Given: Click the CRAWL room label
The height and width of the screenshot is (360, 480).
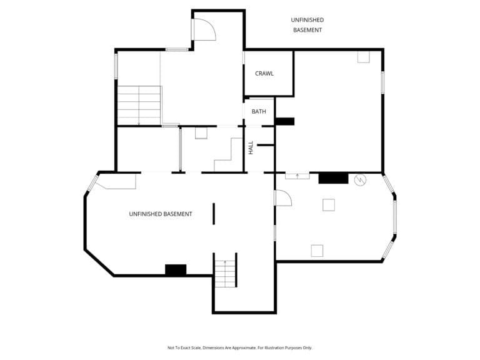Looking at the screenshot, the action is (264, 74).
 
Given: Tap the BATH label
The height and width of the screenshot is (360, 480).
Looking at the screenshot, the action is (259, 111).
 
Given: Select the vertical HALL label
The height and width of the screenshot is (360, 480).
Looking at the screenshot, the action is (251, 147).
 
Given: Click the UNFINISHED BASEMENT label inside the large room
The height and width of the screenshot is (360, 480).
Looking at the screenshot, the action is (161, 214).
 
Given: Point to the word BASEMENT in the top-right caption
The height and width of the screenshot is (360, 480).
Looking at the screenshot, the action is (307, 30).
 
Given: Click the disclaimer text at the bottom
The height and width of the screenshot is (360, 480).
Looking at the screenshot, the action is (240, 347).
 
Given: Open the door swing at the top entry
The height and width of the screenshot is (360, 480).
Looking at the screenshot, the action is (205, 29).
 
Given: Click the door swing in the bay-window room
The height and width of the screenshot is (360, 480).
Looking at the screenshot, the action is (284, 197).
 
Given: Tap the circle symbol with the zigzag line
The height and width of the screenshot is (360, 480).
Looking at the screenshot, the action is (360, 180).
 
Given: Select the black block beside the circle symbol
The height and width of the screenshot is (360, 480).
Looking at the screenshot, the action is (333, 178).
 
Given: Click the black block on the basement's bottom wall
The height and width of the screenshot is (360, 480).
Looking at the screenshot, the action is (176, 270).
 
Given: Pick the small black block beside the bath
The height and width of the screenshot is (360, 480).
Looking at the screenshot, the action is (285, 121).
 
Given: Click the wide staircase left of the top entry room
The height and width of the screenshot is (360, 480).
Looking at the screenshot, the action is (139, 105).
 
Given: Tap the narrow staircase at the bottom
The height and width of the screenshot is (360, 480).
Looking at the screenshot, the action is (225, 273).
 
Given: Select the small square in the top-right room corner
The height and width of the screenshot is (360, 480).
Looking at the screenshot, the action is (364, 57).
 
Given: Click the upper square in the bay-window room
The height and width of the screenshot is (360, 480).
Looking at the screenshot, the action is (329, 205).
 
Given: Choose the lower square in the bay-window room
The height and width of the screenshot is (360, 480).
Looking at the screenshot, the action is (317, 251).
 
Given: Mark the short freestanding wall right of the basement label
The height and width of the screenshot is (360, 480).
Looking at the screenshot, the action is (214, 214).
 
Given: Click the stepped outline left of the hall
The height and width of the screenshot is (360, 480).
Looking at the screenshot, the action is (228, 154).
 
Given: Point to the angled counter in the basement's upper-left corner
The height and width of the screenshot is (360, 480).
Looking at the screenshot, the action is (116, 182).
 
